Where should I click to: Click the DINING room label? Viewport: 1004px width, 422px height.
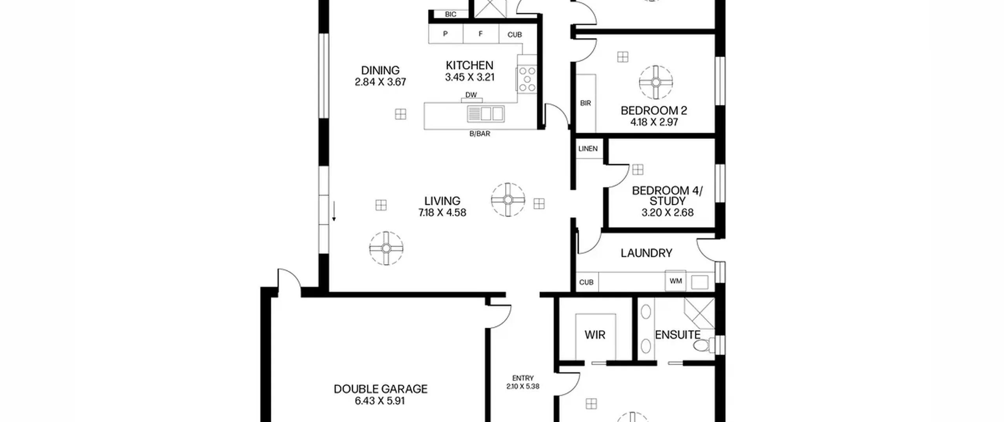pyautogui.click(x=380, y=70)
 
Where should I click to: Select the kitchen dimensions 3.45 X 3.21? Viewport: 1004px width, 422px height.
pyautogui.click(x=469, y=77)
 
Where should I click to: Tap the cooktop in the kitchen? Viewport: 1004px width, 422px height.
pyautogui.click(x=527, y=80)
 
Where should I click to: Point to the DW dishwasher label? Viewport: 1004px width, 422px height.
pyautogui.click(x=471, y=95)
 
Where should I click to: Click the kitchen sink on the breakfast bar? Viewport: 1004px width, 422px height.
pyautogui.click(x=486, y=114)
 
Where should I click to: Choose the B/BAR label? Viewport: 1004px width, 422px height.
pyautogui.click(x=480, y=134)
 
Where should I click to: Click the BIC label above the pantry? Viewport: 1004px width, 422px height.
pyautogui.click(x=451, y=15)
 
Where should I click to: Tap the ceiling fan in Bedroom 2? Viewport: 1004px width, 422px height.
pyautogui.click(x=656, y=82)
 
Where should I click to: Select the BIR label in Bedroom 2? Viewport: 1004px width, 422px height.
pyautogui.click(x=585, y=103)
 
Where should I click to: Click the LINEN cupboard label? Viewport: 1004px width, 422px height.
pyautogui.click(x=588, y=149)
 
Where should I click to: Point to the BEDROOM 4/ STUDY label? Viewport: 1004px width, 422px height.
pyautogui.click(x=667, y=196)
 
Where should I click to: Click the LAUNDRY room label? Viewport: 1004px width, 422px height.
pyautogui.click(x=646, y=253)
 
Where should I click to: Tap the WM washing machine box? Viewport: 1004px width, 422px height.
pyautogui.click(x=675, y=281)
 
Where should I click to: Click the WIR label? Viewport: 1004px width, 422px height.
pyautogui.click(x=595, y=335)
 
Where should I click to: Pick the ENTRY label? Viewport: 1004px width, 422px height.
pyautogui.click(x=523, y=378)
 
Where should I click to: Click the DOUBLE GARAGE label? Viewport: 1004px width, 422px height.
pyautogui.click(x=380, y=389)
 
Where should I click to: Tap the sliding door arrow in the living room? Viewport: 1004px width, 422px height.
pyautogui.click(x=334, y=211)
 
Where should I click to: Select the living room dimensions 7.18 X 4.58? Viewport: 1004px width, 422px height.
pyautogui.click(x=442, y=213)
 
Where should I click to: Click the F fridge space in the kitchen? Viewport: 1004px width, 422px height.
pyautogui.click(x=481, y=34)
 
